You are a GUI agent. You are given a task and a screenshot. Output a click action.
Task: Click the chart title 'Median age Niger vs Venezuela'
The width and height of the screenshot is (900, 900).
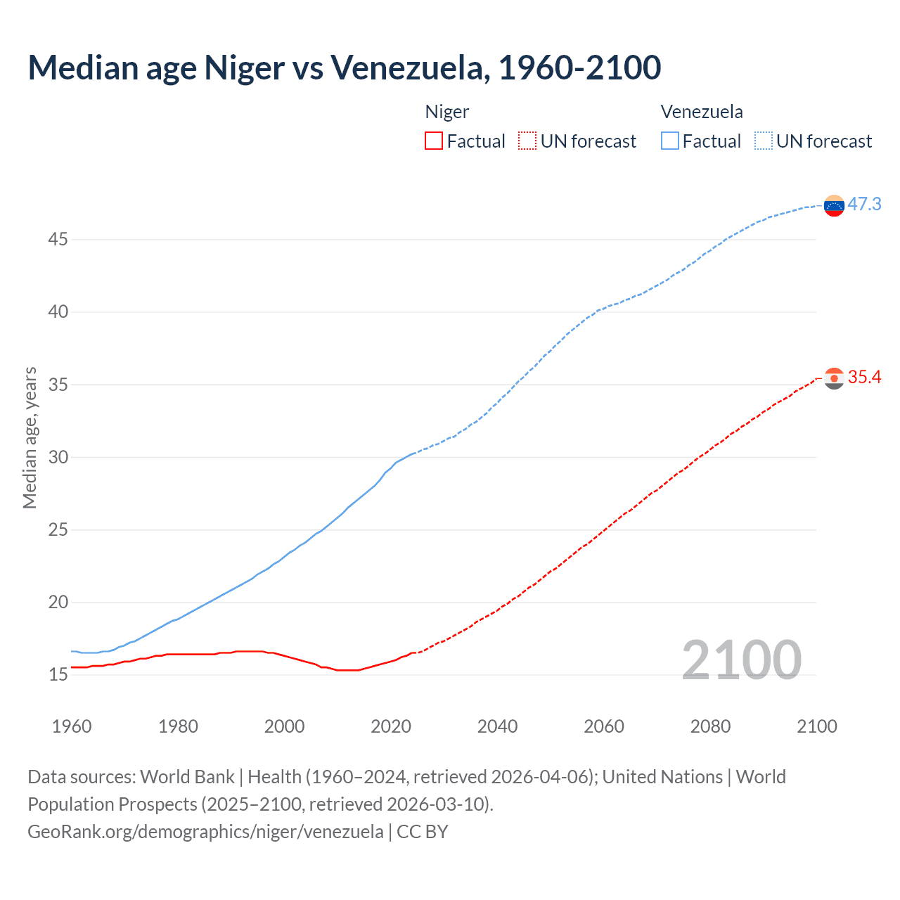point(344,67)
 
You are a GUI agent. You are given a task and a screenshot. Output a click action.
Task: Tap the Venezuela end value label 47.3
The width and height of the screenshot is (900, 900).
point(864,204)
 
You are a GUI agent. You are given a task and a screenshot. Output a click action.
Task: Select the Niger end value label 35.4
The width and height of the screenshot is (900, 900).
point(864,378)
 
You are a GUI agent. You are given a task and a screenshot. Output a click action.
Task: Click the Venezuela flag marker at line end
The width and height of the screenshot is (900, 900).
point(834,205)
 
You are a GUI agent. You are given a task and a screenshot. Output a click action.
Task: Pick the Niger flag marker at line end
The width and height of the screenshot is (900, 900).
point(834,378)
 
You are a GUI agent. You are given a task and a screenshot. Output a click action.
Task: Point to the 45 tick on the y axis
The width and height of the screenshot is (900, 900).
point(58,240)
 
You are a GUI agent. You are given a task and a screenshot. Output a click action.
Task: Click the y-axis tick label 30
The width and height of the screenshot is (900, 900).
point(58,457)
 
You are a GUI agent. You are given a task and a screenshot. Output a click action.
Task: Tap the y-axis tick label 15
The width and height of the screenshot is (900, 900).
point(58,674)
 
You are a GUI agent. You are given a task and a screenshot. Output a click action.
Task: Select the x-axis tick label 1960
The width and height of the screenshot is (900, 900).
point(72,726)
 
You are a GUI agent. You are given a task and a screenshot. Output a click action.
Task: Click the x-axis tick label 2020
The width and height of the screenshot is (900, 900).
point(391,726)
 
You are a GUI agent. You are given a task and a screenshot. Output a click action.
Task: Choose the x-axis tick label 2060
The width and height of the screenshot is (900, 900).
point(604,726)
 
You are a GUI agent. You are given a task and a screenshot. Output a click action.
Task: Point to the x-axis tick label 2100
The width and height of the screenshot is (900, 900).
point(816,726)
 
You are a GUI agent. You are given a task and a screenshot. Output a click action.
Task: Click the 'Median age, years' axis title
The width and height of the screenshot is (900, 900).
point(30,437)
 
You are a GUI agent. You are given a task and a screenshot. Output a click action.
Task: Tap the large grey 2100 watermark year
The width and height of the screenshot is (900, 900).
point(741,660)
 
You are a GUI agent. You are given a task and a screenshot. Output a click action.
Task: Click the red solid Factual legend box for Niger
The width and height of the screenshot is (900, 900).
point(434,141)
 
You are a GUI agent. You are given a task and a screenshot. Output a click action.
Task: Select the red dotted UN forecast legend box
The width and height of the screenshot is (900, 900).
point(527,141)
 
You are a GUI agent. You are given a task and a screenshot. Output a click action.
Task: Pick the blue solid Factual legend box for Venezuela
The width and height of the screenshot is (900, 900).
point(669,141)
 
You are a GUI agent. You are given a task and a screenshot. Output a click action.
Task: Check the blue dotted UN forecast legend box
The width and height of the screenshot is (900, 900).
point(763,141)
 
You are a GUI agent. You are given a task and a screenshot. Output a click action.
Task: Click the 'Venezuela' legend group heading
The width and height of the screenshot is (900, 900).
point(702,112)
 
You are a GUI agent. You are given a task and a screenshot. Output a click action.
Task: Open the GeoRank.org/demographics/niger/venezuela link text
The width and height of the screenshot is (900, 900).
point(205,832)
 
